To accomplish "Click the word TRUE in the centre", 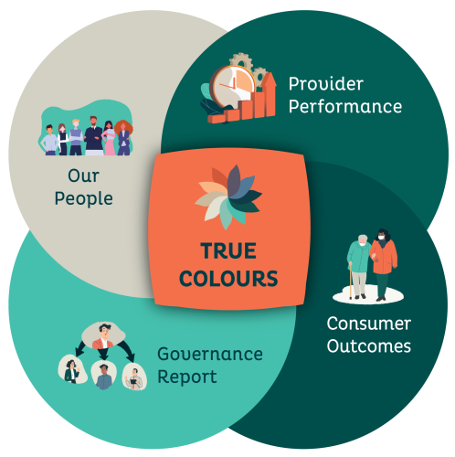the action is (x=228, y=250).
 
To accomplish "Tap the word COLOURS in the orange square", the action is (x=228, y=279).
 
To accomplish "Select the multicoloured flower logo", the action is (x=228, y=197).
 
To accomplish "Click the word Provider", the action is (x=326, y=84).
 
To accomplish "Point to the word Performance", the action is (x=345, y=106).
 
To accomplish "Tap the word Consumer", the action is (x=369, y=324).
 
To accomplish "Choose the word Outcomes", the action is (x=369, y=346).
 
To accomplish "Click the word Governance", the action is (x=210, y=354).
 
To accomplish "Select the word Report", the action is (x=187, y=377).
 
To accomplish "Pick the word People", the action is (x=84, y=199).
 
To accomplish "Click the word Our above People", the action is (x=84, y=175).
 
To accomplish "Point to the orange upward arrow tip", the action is (x=269, y=73).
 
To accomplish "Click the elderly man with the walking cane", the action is (x=359, y=267).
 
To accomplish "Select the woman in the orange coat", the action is (x=383, y=264).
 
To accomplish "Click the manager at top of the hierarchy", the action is (x=103, y=335).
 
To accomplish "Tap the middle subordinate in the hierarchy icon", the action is (x=103, y=376).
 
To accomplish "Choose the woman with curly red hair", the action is (x=123, y=138).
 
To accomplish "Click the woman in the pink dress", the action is (x=109, y=138).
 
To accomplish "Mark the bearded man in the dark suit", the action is (x=93, y=135).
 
